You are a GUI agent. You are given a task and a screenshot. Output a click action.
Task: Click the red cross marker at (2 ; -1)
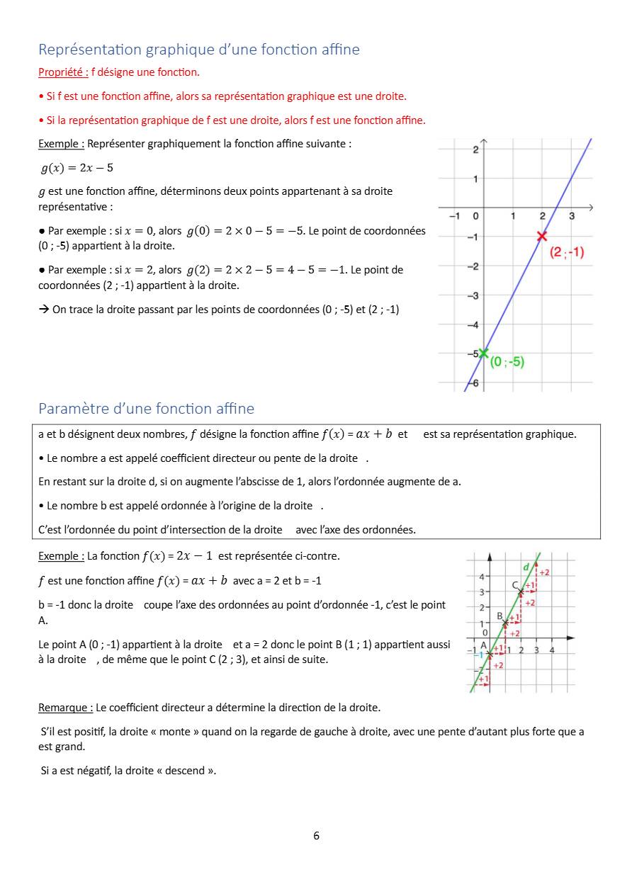(542, 236)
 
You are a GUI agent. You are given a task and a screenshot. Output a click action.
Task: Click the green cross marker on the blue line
(483, 353)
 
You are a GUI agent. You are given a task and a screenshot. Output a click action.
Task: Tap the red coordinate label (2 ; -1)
(567, 252)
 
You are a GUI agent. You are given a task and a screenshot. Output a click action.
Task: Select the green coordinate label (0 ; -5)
(507, 361)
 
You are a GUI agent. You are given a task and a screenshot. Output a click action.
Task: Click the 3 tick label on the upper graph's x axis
(572, 216)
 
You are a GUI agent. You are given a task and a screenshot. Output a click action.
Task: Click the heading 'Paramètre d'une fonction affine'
(146, 409)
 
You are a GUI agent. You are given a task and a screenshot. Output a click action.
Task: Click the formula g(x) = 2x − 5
(77, 168)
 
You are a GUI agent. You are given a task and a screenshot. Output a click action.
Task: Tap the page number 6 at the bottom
(316, 836)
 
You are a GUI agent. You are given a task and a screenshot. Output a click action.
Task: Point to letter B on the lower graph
(500, 616)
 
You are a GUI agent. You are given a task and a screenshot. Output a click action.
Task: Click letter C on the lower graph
(515, 585)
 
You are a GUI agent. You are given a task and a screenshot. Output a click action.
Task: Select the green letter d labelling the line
(526, 567)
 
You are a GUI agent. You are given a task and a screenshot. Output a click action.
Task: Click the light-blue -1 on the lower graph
(478, 655)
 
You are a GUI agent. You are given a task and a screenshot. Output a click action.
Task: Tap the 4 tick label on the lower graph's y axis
(481, 577)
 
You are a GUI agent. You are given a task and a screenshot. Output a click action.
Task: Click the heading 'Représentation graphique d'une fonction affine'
(199, 50)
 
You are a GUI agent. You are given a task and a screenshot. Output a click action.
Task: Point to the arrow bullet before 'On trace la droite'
(43, 310)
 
